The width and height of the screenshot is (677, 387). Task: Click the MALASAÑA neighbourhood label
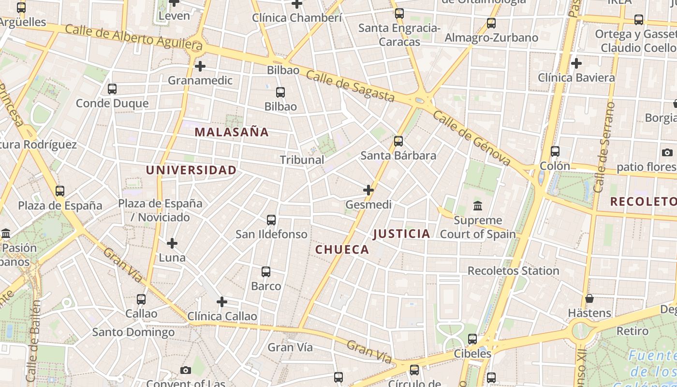click(x=231, y=132)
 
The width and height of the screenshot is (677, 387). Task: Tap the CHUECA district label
click(x=342, y=250)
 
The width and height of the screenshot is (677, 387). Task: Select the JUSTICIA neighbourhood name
click(x=401, y=234)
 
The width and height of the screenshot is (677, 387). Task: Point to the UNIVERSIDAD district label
click(x=191, y=170)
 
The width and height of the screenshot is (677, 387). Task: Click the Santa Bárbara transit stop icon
click(x=398, y=141)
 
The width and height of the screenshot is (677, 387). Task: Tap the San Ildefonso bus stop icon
click(x=271, y=220)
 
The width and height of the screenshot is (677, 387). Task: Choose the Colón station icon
click(x=555, y=151)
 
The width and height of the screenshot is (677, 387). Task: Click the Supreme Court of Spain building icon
click(x=478, y=206)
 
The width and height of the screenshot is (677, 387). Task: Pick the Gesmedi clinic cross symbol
click(x=368, y=190)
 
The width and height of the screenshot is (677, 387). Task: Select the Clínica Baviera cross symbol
click(x=576, y=63)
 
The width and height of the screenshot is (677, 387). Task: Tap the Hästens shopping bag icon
click(x=589, y=298)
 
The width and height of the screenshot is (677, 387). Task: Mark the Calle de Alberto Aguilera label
click(x=133, y=37)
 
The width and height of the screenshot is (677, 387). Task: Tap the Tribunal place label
click(x=302, y=160)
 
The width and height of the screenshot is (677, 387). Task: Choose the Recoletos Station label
click(x=513, y=271)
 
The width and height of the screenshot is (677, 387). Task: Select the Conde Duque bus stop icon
click(x=112, y=89)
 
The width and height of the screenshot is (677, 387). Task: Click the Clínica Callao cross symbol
click(x=222, y=302)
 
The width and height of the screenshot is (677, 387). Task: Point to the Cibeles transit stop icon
click(x=472, y=339)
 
